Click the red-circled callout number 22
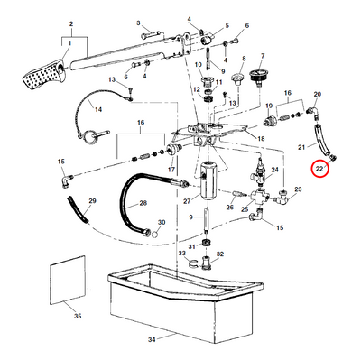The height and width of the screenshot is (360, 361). (x=319, y=169)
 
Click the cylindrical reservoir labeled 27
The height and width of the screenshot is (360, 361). (x=207, y=179)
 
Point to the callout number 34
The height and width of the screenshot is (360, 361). (x=152, y=340)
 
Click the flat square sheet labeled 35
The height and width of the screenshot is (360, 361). (x=68, y=280)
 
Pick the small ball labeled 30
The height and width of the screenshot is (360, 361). (x=155, y=234)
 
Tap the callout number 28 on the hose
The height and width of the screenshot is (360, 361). (x=143, y=203)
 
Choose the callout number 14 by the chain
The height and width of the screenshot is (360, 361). (x=98, y=109)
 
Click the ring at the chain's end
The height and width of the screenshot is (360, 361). (x=89, y=136)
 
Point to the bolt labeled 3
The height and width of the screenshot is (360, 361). (x=153, y=36)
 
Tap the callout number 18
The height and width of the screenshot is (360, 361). (x=261, y=139)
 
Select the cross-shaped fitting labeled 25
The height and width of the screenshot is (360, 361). (x=259, y=198)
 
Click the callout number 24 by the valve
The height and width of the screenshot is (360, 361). (x=275, y=170)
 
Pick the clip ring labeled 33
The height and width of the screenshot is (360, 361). (x=193, y=263)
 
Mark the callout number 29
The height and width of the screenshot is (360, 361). (x=92, y=200)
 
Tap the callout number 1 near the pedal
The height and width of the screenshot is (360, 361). (x=69, y=43)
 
